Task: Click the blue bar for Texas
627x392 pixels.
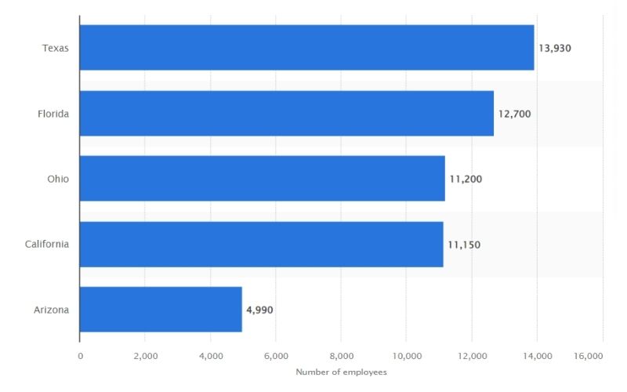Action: (x=306, y=48)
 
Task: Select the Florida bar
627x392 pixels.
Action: (x=287, y=114)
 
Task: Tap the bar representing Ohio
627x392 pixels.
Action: (x=262, y=179)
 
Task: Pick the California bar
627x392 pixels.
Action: (x=261, y=244)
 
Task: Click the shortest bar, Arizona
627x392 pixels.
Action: (x=161, y=309)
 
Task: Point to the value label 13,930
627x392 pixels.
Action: (x=555, y=48)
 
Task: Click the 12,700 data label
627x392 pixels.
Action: (x=514, y=114)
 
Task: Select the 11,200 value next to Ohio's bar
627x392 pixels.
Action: (x=466, y=179)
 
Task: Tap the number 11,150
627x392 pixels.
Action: (x=464, y=245)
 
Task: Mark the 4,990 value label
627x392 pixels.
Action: (x=259, y=310)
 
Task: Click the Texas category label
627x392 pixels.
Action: (x=56, y=48)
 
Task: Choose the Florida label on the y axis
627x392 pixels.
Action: (x=53, y=114)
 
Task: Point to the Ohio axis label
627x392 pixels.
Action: (x=58, y=179)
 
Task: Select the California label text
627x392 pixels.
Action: (x=47, y=244)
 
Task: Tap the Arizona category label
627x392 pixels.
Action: (x=51, y=309)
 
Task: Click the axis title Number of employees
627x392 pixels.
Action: (x=341, y=372)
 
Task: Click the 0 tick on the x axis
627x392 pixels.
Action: (x=80, y=355)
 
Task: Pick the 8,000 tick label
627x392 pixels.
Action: (x=341, y=355)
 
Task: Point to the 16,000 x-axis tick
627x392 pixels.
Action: (x=589, y=355)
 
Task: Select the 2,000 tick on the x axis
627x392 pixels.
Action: (x=146, y=355)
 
